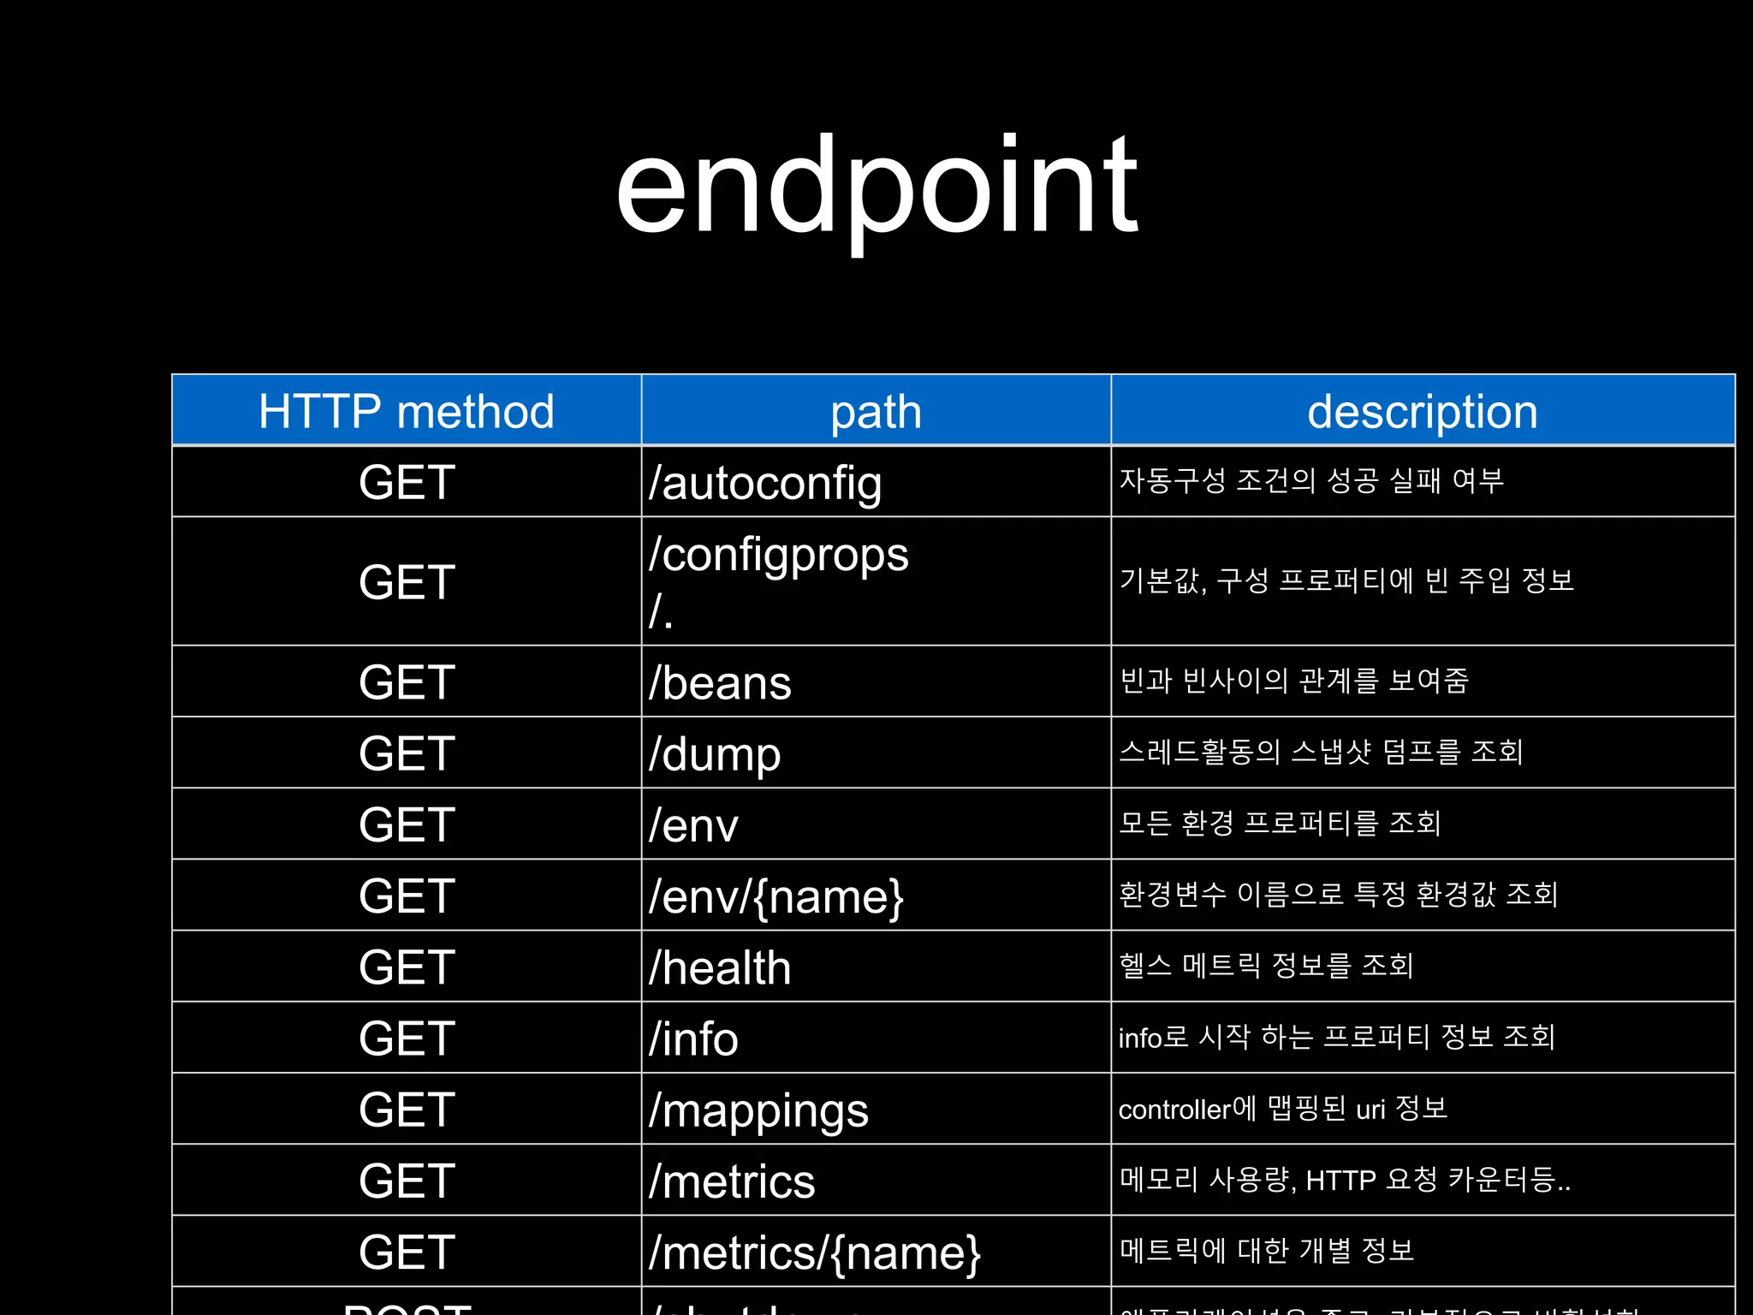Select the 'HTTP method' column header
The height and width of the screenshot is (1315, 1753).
click(x=407, y=412)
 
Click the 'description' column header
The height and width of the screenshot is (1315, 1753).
click(x=1422, y=412)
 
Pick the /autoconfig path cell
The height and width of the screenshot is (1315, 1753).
click(x=765, y=483)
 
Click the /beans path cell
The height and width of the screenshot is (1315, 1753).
click(x=720, y=683)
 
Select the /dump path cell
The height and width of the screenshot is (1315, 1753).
click(x=715, y=754)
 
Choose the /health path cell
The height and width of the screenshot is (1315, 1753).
click(x=720, y=967)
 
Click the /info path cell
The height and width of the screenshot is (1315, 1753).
click(x=693, y=1038)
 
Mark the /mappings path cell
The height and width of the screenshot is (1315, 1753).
click(x=758, y=1110)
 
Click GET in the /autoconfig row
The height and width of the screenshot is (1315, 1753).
click(x=407, y=483)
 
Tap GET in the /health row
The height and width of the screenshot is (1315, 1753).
click(x=407, y=967)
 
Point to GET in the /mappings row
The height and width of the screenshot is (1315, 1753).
click(x=407, y=1110)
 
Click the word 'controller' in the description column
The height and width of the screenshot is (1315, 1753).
click(x=1174, y=1110)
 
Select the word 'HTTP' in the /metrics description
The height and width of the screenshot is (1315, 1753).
click(x=1340, y=1181)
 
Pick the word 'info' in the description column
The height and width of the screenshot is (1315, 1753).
click(x=1140, y=1038)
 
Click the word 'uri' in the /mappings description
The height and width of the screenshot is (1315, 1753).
click(x=1370, y=1110)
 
